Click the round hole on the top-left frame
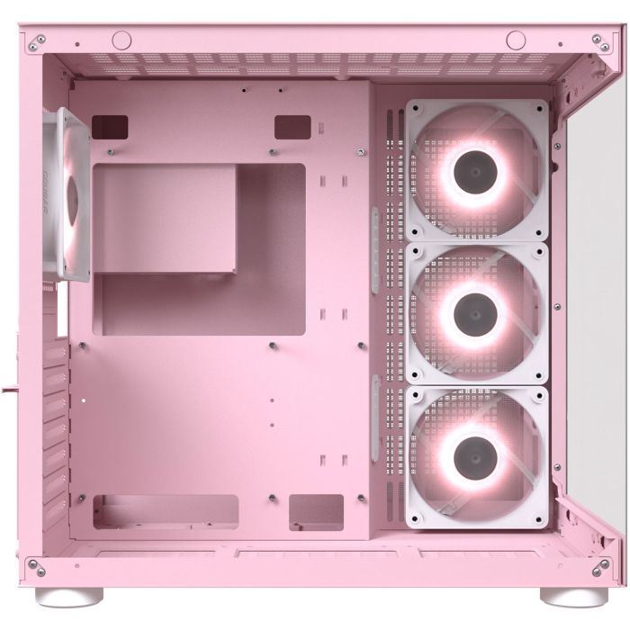[x=120, y=40]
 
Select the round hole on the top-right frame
[x=515, y=40]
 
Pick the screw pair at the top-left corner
[x=38, y=42]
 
